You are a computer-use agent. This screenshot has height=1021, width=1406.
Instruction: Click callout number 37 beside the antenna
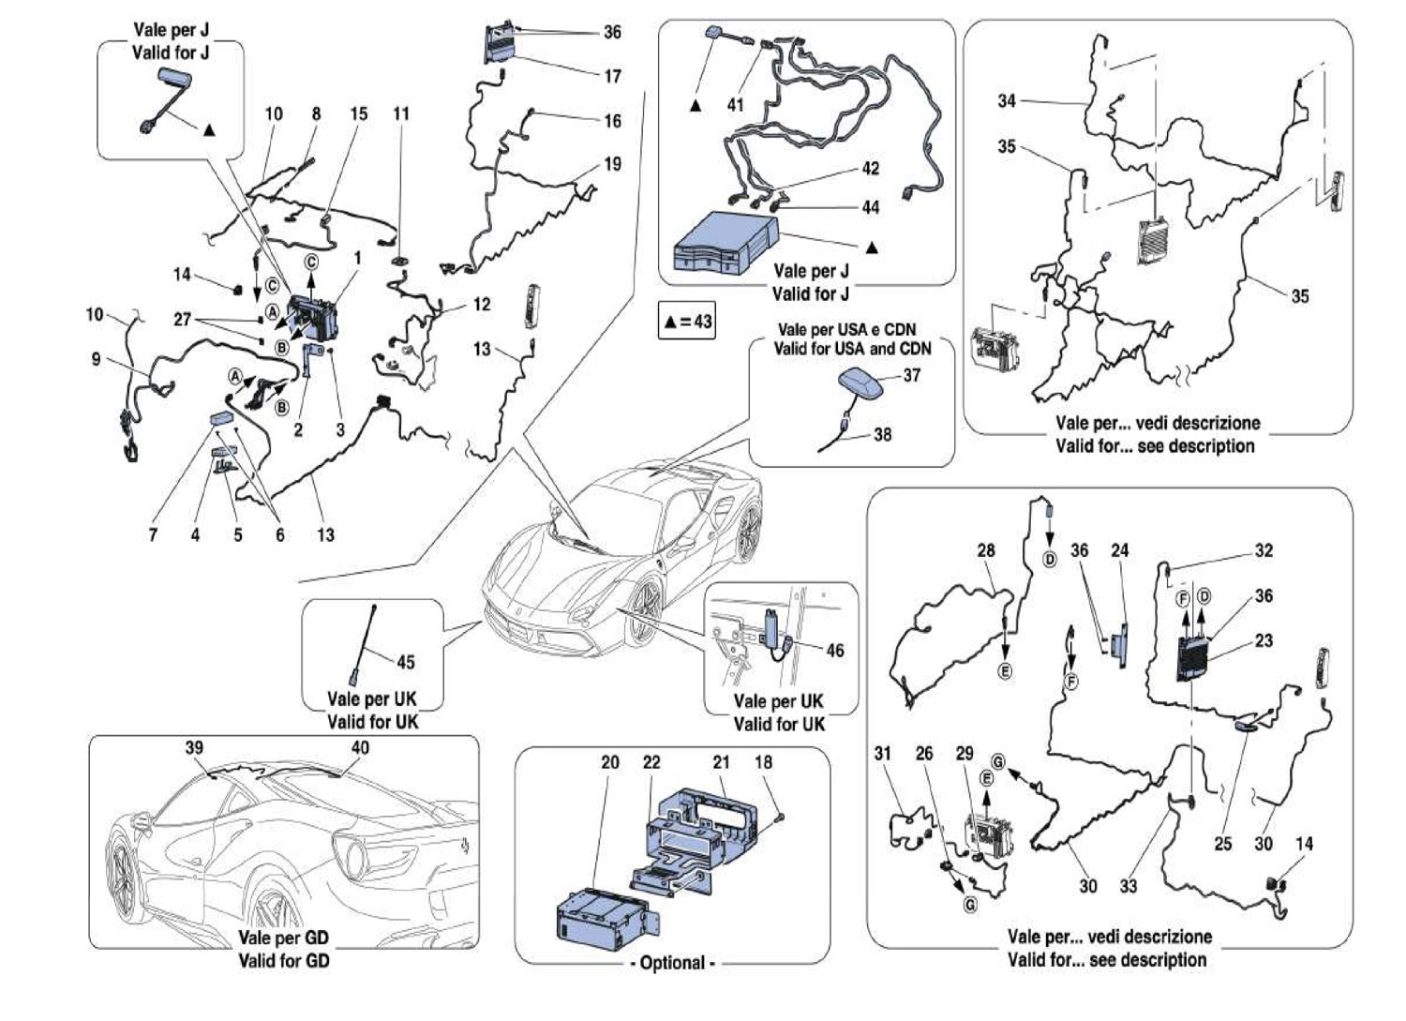[x=912, y=375]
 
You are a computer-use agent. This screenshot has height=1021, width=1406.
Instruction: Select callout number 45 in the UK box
[x=405, y=662]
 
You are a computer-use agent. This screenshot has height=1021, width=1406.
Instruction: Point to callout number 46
[x=834, y=651]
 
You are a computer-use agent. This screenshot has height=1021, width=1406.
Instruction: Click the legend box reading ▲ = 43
[x=688, y=322]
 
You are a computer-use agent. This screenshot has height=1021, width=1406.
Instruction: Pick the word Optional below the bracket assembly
[x=672, y=963]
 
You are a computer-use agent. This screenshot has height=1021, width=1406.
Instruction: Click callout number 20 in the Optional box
[x=610, y=762]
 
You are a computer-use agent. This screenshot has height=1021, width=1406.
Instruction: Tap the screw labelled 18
[x=779, y=818]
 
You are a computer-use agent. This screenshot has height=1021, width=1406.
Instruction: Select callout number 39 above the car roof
[x=194, y=747]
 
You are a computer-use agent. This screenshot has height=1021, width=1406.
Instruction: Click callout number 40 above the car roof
[x=360, y=747]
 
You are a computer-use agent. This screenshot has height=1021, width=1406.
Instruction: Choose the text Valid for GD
[x=283, y=960]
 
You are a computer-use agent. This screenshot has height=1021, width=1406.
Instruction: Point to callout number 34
[x=1007, y=100]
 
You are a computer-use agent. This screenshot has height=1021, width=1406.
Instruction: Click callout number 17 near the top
[x=612, y=76]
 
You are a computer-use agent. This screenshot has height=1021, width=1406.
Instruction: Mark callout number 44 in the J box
[x=871, y=207]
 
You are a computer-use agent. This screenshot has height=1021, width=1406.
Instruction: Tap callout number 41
[x=736, y=105]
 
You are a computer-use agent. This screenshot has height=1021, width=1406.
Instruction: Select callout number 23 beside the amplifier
[x=1264, y=641]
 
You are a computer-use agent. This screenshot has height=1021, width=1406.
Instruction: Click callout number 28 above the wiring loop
[x=986, y=550]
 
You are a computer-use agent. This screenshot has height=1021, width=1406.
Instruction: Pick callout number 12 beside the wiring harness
[x=481, y=305]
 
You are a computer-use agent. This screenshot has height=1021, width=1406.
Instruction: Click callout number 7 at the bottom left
[x=153, y=534]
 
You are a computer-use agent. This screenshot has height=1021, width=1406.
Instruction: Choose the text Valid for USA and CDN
[x=852, y=349]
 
